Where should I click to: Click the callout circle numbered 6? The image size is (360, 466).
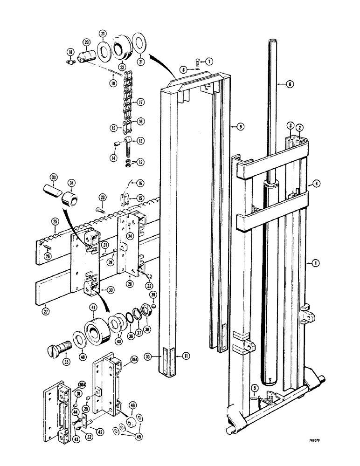coord(290,84)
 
